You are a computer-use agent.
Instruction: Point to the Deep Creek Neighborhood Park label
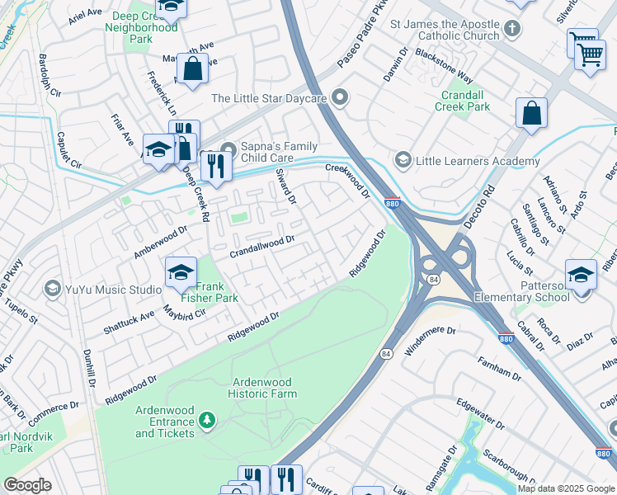(x=141, y=27)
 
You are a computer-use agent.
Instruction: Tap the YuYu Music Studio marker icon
(x=53, y=290)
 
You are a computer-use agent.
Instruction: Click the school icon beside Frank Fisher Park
(x=181, y=271)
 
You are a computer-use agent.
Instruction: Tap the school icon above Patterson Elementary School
(x=582, y=275)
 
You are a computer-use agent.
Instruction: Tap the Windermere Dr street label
(x=429, y=336)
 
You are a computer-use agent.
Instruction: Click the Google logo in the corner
(x=27, y=485)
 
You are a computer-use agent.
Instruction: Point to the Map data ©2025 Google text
(x=566, y=488)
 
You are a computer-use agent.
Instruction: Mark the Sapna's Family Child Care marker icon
(x=228, y=149)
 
